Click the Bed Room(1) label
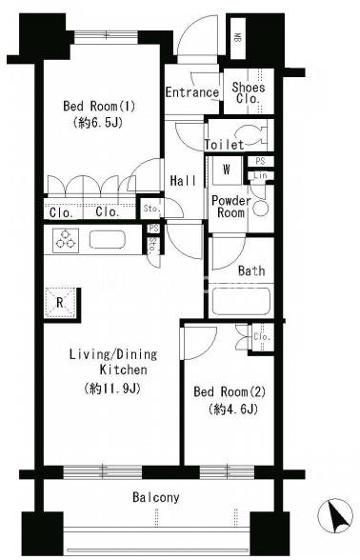pos(99,106)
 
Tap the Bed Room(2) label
pos(230,391)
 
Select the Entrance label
pos(192,92)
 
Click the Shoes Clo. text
pos(249,92)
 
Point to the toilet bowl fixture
pos(254,136)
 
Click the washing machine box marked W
pos(227,170)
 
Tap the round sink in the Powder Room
pos(261,209)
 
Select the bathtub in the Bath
pos(241,300)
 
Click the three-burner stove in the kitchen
pos(66,240)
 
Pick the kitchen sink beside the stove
pos(108,239)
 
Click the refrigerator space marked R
pos(60,303)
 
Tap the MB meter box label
pos(237,37)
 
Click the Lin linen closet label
pos(260,175)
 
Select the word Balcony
pos(156,497)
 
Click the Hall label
pos(183,181)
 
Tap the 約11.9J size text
pos(112,389)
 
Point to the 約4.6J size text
pos(233,409)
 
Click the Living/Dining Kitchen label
pos(113,362)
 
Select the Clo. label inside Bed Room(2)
pos(262,337)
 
